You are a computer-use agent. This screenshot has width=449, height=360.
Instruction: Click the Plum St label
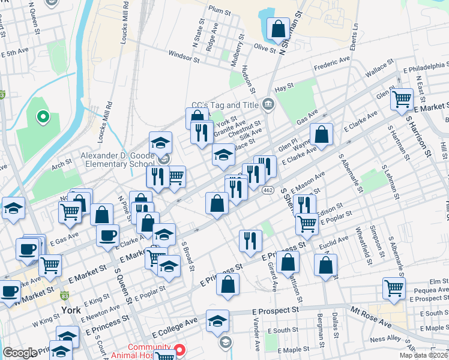(x=220, y=10)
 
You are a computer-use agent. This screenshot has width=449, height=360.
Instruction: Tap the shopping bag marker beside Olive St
(x=278, y=29)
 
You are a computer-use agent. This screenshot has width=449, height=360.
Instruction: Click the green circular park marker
(x=43, y=116)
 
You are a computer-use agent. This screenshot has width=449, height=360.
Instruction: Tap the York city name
(x=71, y=310)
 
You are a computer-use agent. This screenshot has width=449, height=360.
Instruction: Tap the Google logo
(x=19, y=353)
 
